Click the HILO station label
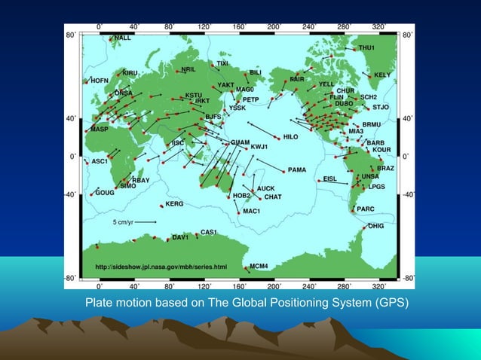tap(291, 137)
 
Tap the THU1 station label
tap(366, 47)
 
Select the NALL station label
tap(123, 37)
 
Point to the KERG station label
tap(174, 203)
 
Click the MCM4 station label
tap(259, 266)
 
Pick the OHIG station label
tap(375, 225)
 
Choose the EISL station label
tap(329, 178)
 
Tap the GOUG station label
tap(106, 192)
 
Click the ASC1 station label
tap(100, 161)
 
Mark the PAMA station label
tap(296, 170)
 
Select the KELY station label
tap(382, 75)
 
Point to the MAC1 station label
tap(251, 211)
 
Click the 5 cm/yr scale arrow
tap(144, 222)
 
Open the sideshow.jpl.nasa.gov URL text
tap(161, 267)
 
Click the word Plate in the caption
tap(98, 304)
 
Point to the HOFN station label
tap(100, 80)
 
